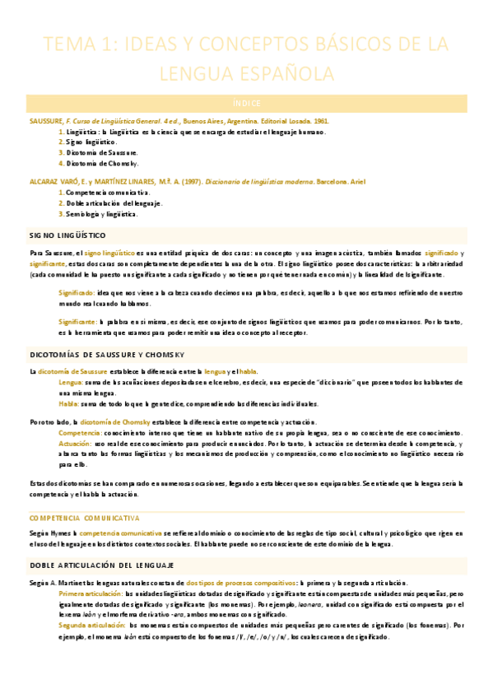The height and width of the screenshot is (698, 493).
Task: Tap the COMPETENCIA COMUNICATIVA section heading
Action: (84, 518)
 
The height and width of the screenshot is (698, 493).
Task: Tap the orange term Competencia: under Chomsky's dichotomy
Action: (80, 432)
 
